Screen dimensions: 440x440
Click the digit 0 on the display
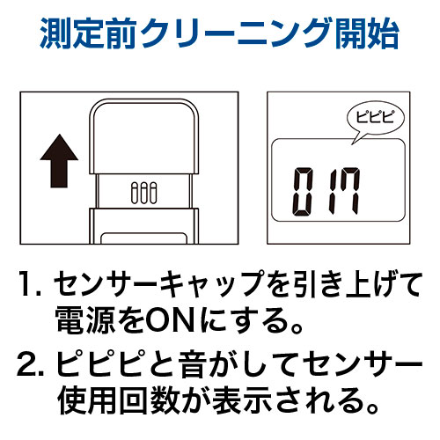[x=303, y=191]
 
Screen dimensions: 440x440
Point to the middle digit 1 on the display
[x=333, y=191]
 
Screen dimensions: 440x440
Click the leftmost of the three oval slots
[x=135, y=193]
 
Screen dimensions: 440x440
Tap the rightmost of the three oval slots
[x=153, y=193]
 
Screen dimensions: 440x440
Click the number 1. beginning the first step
[x=29, y=284]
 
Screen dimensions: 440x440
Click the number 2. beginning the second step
[x=31, y=363]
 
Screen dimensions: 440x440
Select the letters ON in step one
[x=170, y=320]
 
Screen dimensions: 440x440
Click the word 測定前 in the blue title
[x=89, y=33]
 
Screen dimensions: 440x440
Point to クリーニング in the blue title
[x=237, y=33]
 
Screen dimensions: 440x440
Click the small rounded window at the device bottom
[x=143, y=238]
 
